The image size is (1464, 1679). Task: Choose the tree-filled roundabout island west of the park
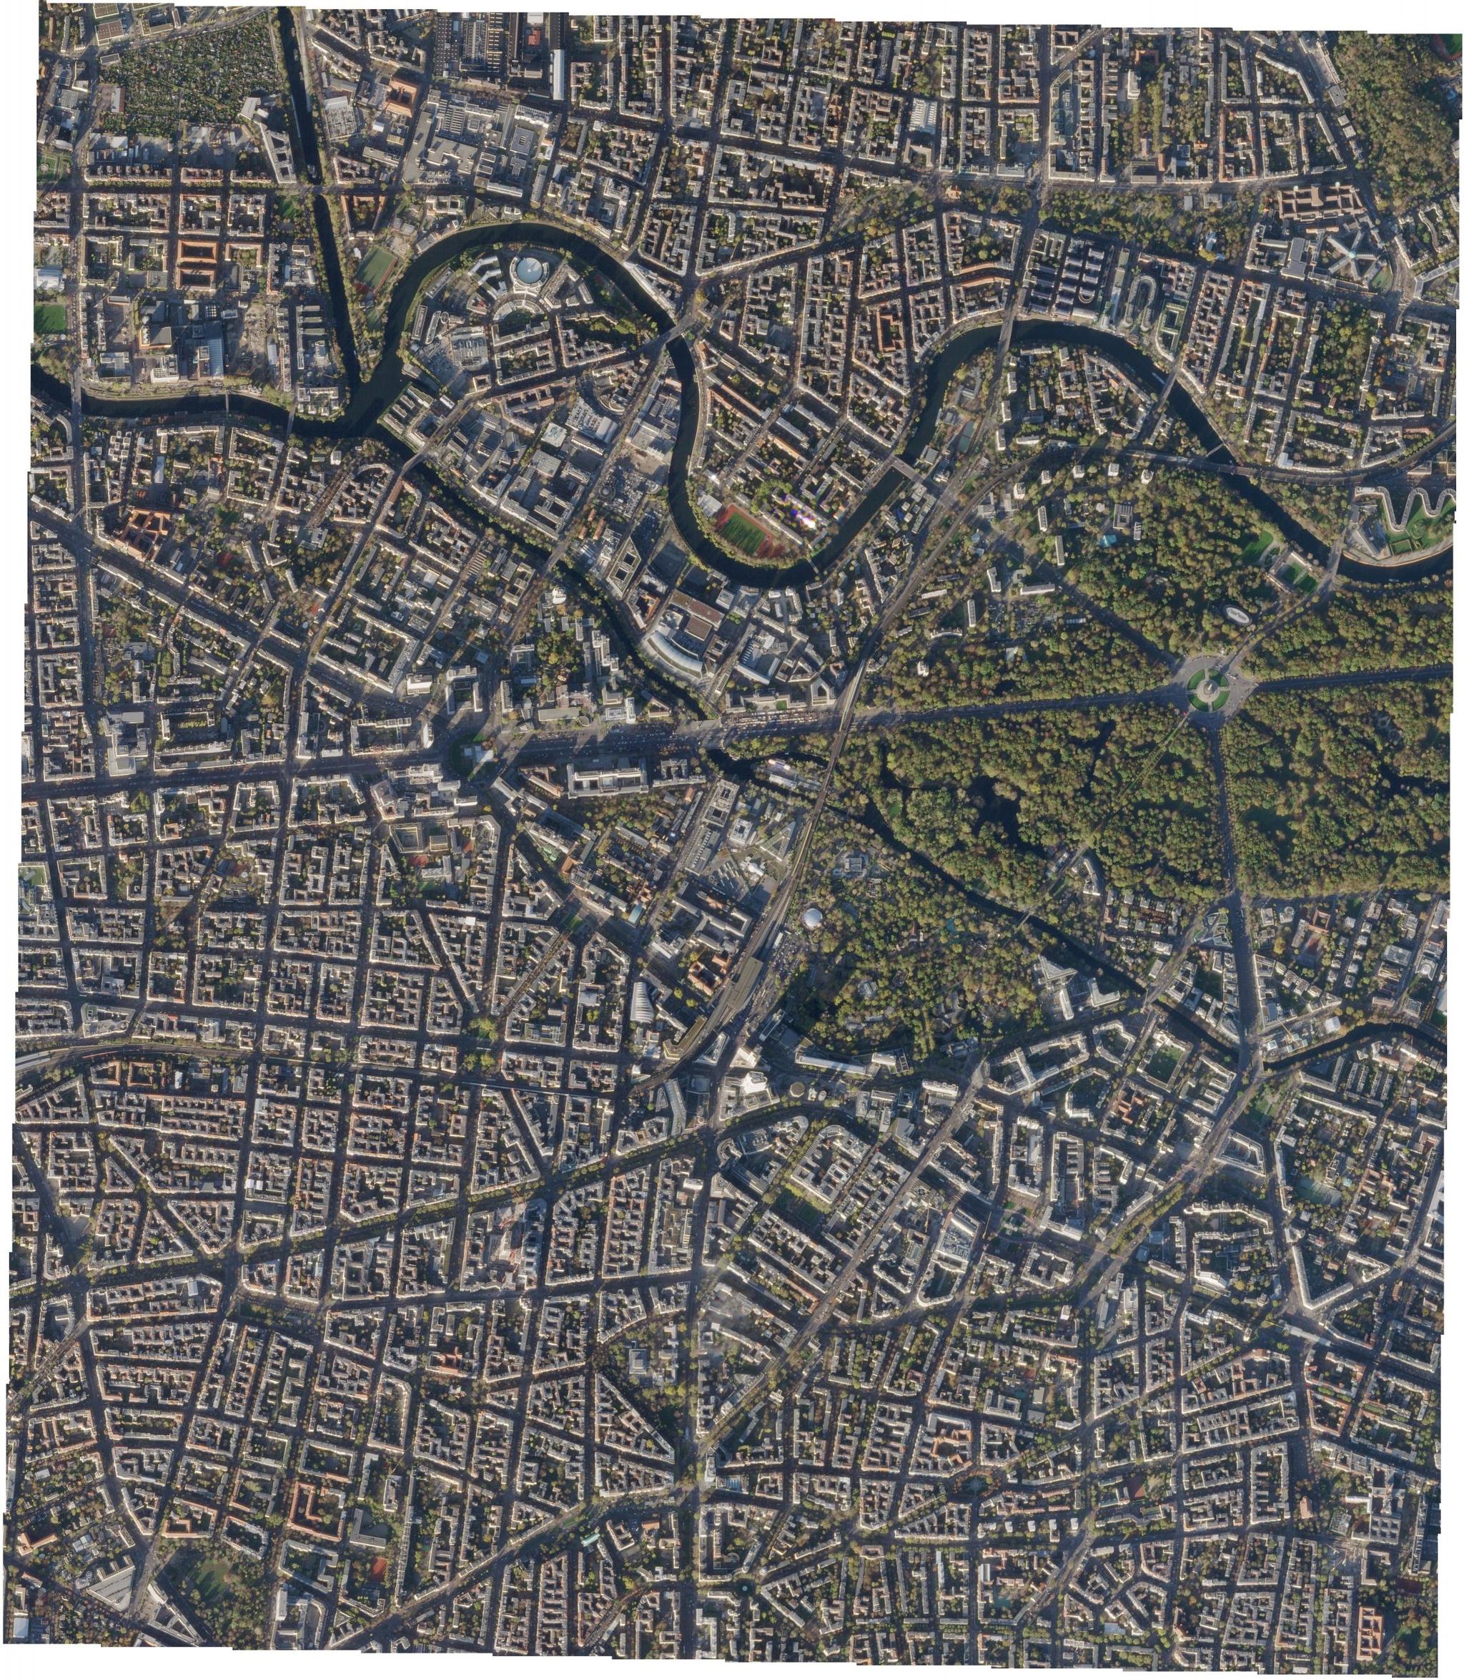click(471, 751)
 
